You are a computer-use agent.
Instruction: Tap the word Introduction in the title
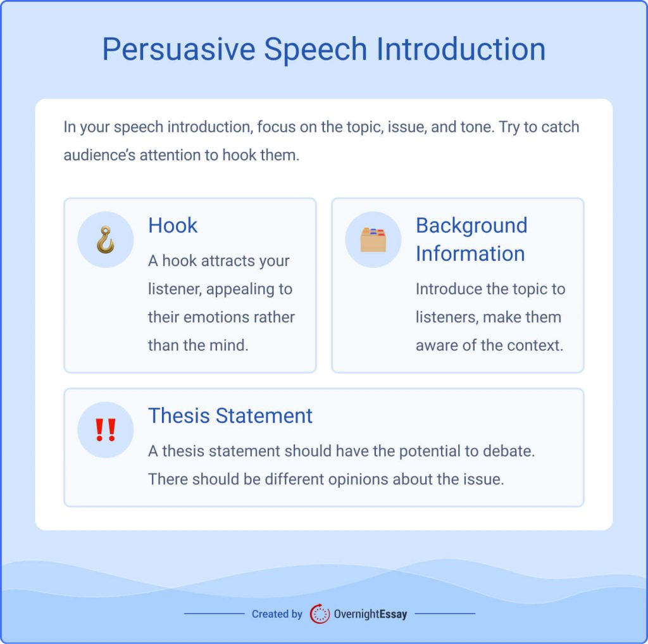pyautogui.click(x=461, y=49)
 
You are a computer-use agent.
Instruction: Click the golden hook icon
pyautogui.click(x=106, y=240)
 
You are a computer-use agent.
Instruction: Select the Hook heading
pyautogui.click(x=173, y=225)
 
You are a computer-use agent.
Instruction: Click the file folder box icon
pyautogui.click(x=373, y=240)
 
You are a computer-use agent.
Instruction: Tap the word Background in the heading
pyautogui.click(x=471, y=225)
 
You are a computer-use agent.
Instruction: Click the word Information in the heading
pyautogui.click(x=470, y=253)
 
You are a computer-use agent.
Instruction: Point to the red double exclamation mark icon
pyautogui.click(x=106, y=430)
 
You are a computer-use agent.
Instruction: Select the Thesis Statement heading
pyautogui.click(x=230, y=415)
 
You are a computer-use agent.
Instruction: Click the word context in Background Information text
pyautogui.click(x=532, y=345)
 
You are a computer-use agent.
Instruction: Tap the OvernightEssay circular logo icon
pyautogui.click(x=320, y=614)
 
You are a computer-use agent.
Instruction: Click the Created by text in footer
pyautogui.click(x=277, y=614)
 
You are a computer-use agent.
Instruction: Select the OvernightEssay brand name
pyautogui.click(x=370, y=614)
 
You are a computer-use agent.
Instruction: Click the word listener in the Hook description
pyautogui.click(x=174, y=289)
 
